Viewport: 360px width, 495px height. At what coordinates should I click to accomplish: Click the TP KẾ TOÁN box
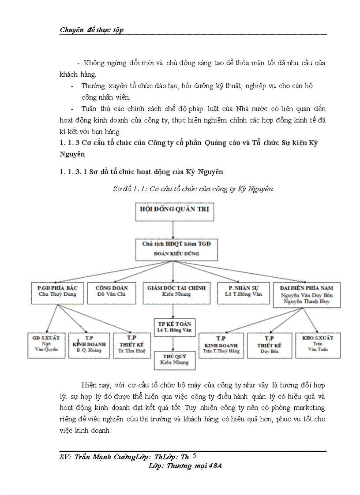click(174, 327)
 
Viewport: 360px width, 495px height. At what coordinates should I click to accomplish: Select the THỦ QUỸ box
click(174, 360)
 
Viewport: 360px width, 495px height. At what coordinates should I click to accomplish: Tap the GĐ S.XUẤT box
click(46, 345)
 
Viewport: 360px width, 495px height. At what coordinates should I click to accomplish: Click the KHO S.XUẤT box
click(318, 345)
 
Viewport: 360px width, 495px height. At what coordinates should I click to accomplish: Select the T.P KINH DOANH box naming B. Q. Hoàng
click(89, 345)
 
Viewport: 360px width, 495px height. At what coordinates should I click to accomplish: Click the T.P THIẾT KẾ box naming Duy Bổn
click(271, 345)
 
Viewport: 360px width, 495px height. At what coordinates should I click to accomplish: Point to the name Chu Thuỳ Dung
click(57, 295)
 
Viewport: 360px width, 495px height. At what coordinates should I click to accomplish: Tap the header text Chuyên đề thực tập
click(91, 30)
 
